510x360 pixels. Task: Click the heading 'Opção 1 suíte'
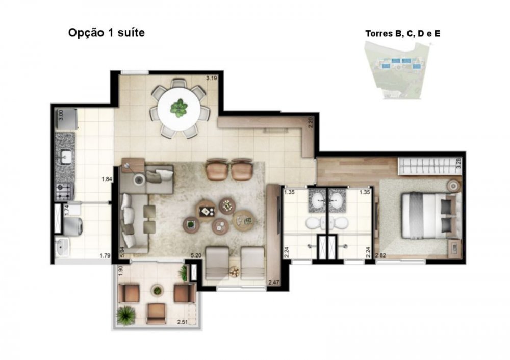[107, 33]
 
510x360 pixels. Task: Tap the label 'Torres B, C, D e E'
[403, 34]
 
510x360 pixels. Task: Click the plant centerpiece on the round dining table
[178, 108]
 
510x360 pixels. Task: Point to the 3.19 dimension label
[212, 78]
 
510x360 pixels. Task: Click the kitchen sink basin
[66, 157]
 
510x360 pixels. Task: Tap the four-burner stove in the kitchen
[63, 192]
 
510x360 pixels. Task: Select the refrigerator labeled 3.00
[66, 119]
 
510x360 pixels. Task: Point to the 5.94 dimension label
[122, 252]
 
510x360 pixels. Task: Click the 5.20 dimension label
[196, 255]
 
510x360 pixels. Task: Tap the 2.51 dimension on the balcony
[183, 322]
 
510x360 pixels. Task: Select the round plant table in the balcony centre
[157, 291]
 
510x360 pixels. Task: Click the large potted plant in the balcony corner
[125, 316]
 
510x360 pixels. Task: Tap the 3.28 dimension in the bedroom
[458, 163]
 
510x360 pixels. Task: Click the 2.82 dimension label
[380, 255]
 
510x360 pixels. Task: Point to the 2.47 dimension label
[274, 282]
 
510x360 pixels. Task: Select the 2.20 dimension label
[310, 122]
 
